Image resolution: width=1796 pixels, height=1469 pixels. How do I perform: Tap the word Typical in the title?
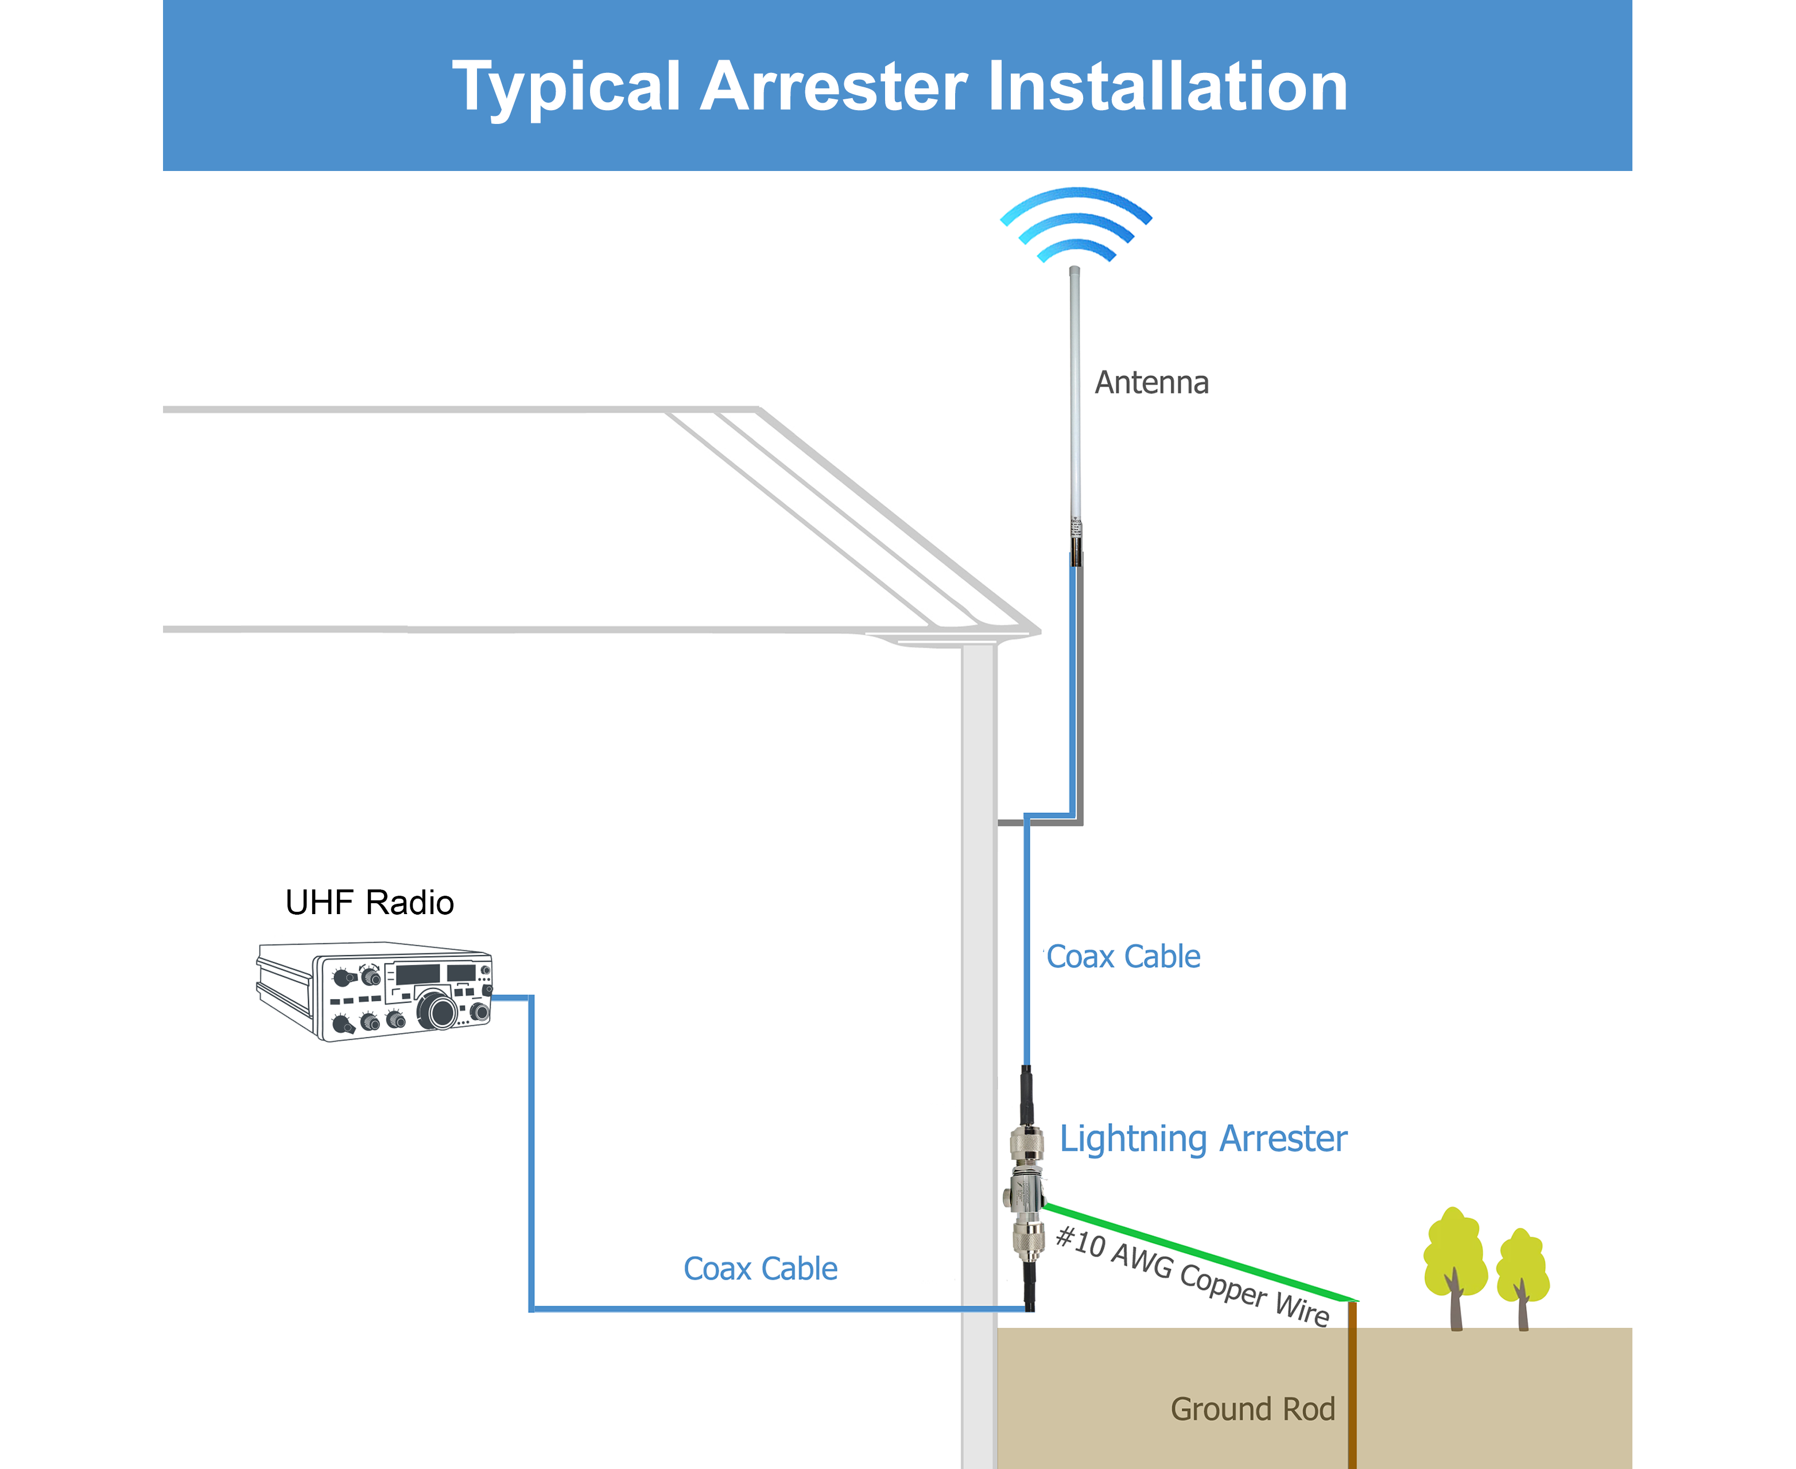pyautogui.click(x=566, y=88)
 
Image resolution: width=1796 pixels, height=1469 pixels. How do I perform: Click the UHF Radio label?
pyautogui.click(x=369, y=903)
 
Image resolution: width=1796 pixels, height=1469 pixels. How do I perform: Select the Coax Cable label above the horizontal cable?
pyautogui.click(x=760, y=1269)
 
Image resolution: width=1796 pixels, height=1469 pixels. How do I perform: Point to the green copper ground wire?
pyautogui.click(x=1202, y=1252)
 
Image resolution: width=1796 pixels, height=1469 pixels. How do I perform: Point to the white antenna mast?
pyautogui.click(x=1075, y=389)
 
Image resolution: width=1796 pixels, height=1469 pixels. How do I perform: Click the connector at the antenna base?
pyautogui.click(x=1076, y=542)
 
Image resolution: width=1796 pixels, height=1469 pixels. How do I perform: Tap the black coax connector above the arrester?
pyautogui.click(x=1027, y=1096)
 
